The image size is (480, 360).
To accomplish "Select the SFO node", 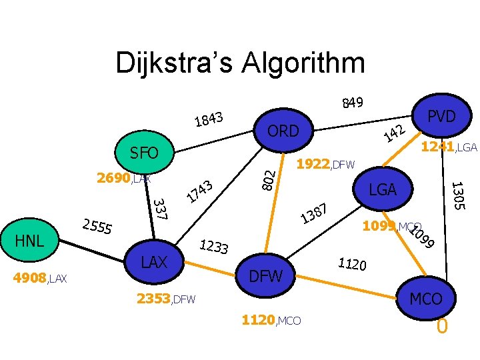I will (x=144, y=153).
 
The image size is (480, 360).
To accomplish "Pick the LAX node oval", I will (x=155, y=262).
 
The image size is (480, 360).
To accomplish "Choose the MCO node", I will (x=426, y=299).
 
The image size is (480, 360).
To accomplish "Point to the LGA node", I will (x=383, y=191).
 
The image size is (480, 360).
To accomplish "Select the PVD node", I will (x=441, y=117).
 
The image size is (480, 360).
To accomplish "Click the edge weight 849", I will (x=352, y=102).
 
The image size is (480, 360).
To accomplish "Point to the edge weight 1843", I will (x=208, y=119).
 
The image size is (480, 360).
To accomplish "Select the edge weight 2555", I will (x=96, y=227).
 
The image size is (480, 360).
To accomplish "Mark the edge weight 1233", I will (x=214, y=248).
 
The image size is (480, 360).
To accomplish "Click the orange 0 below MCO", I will (x=441, y=327).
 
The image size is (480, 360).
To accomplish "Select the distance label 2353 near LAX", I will (x=153, y=299).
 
